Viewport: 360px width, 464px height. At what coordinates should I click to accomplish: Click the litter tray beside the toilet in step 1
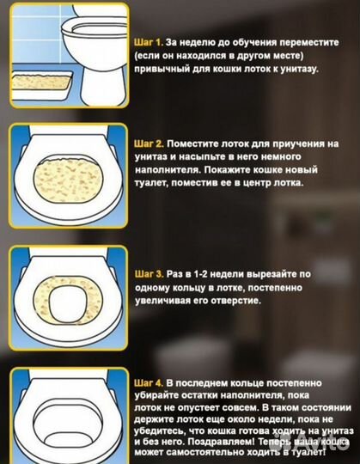click(42, 84)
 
